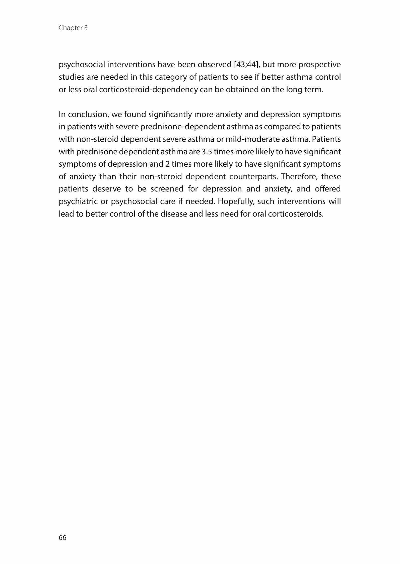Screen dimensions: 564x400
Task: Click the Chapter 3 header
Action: [73, 28]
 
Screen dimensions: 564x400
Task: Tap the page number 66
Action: [62, 537]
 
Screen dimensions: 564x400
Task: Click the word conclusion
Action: [88, 114]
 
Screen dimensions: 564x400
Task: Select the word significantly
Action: [170, 114]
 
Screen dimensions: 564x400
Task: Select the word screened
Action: [167, 189]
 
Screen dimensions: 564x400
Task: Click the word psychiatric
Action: [78, 202]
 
